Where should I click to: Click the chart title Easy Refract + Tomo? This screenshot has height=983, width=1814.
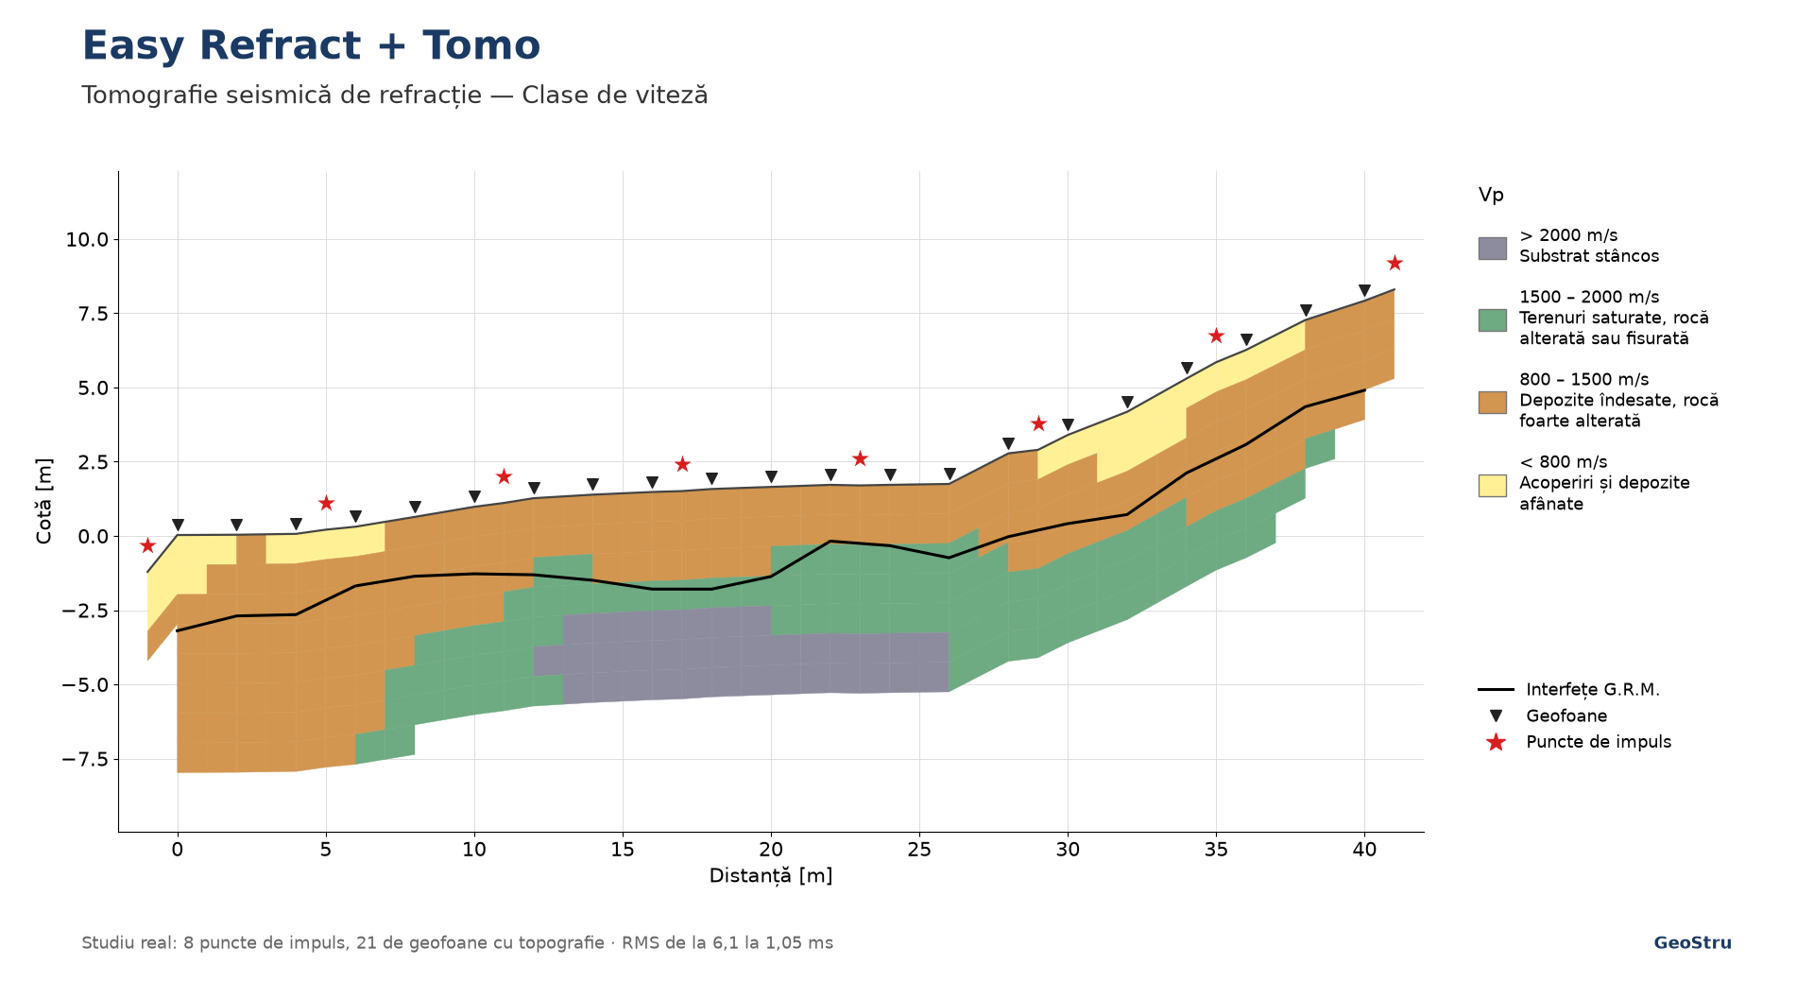[311, 45]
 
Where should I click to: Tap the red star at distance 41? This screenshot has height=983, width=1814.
[1395, 263]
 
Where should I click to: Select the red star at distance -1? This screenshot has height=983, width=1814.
[147, 545]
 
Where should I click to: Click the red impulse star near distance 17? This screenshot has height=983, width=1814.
[682, 464]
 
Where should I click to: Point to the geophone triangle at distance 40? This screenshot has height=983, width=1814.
[1364, 291]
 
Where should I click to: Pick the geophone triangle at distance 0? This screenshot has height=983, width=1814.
[178, 525]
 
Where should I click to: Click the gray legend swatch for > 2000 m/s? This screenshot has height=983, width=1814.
[1492, 249]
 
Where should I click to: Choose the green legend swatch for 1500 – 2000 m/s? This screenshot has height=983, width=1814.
[1492, 319]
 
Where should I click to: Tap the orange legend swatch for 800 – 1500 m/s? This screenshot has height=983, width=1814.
[1492, 403]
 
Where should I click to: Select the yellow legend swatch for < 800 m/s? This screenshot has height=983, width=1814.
[1492, 485]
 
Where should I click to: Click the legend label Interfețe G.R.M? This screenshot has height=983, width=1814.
[1593, 690]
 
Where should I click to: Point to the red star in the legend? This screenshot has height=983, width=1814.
[1496, 742]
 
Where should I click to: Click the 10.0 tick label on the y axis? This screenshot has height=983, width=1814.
[87, 240]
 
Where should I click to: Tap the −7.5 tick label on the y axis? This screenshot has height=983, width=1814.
[86, 759]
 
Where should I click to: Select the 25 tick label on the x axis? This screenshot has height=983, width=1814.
[919, 850]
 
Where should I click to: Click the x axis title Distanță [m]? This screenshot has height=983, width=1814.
[771, 876]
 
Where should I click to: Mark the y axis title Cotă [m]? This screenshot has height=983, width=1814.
[44, 501]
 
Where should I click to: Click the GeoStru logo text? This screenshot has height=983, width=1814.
[1692, 943]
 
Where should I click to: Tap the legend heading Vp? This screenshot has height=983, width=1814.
[1491, 196]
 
